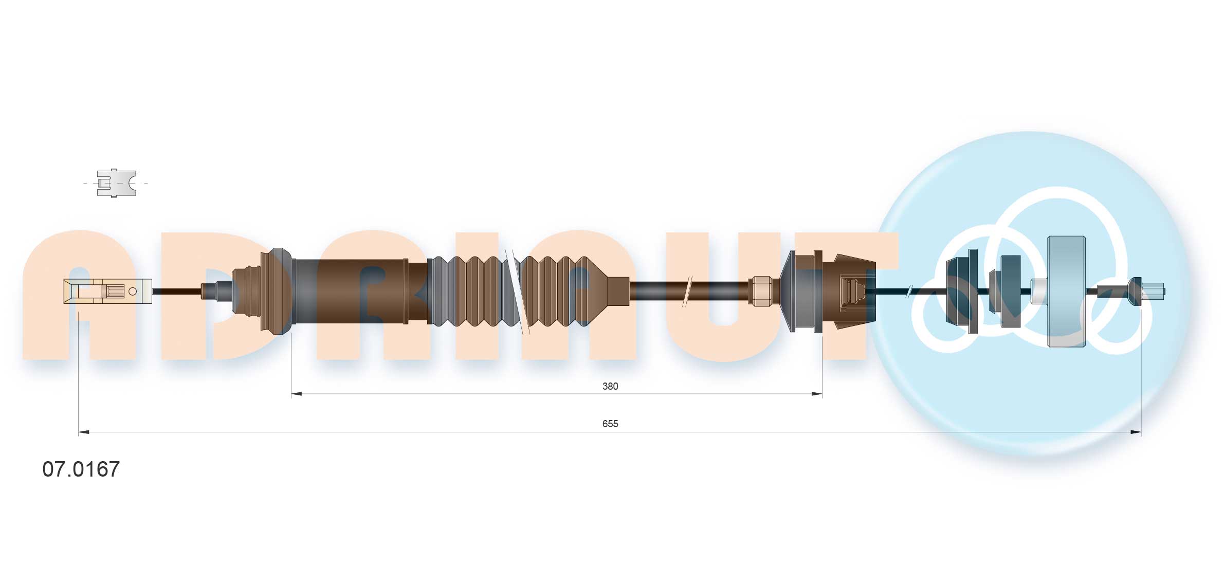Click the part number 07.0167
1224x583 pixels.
pyautogui.click(x=81, y=469)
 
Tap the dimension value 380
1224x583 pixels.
pyautogui.click(x=610, y=386)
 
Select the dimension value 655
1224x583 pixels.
pyautogui.click(x=610, y=424)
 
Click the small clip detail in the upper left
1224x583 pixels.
pyautogui.click(x=117, y=183)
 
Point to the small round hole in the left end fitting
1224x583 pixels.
pyautogui.click(x=132, y=291)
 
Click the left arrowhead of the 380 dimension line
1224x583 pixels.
pyautogui.click(x=297, y=394)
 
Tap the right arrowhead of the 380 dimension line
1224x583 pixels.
pyautogui.click(x=816, y=394)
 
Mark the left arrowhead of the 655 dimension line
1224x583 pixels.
pyautogui.click(x=84, y=432)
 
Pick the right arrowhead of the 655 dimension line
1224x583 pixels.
pyautogui.click(x=1136, y=432)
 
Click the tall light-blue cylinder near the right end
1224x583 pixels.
pyautogui.click(x=1066, y=291)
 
